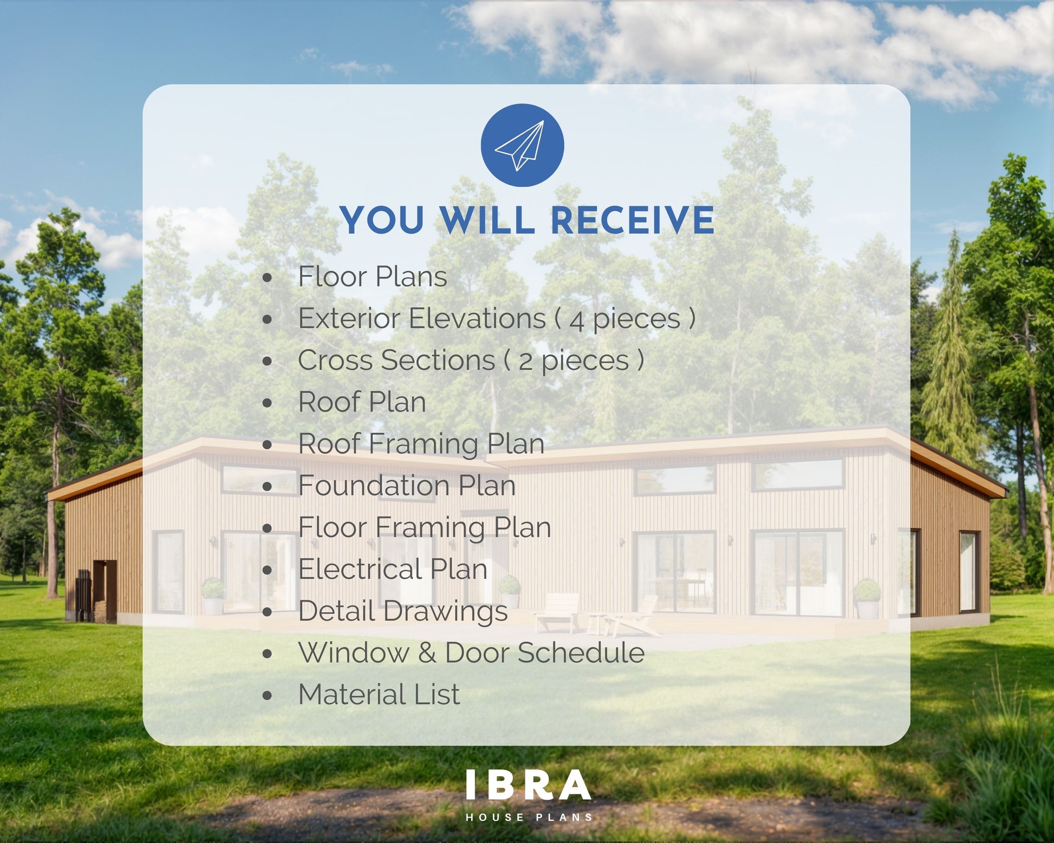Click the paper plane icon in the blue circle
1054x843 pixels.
pyautogui.click(x=520, y=145)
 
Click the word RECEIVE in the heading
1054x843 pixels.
pyautogui.click(x=632, y=220)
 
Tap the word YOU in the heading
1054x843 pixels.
pyautogui.click(x=383, y=220)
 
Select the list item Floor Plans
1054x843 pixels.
pyautogui.click(x=373, y=277)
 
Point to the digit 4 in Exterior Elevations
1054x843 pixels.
pyautogui.click(x=577, y=321)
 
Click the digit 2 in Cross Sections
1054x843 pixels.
pyautogui.click(x=525, y=362)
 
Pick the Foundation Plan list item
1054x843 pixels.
pyautogui.click(x=407, y=486)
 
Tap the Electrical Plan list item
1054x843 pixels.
pyautogui.click(x=393, y=569)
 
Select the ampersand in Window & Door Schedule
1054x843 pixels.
pyautogui.click(x=427, y=653)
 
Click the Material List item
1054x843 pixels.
pyautogui.click(x=379, y=695)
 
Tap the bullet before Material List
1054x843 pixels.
pyautogui.click(x=267, y=696)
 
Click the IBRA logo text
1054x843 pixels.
pyautogui.click(x=528, y=785)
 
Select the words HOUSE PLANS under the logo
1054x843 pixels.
pyautogui.click(x=529, y=817)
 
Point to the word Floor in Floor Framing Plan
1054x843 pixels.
pyautogui.click(x=333, y=527)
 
